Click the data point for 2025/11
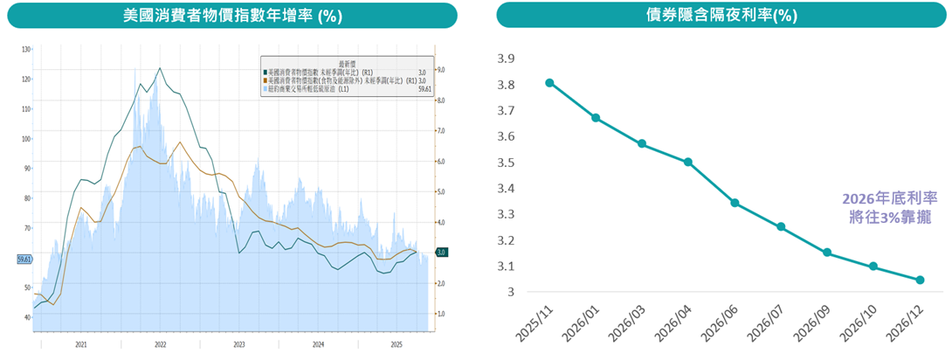click(x=549, y=83)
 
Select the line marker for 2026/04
click(x=688, y=162)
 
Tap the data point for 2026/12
click(x=920, y=280)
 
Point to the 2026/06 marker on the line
click(x=735, y=203)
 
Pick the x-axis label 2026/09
click(x=811, y=322)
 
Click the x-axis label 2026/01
click(x=580, y=322)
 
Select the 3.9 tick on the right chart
click(x=507, y=59)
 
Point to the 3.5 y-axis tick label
click(x=507, y=163)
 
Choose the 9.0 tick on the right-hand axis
click(x=442, y=70)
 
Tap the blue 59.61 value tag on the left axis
click(x=24, y=259)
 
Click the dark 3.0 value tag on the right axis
click(x=442, y=253)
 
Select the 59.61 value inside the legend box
click(x=425, y=89)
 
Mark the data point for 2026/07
click(x=781, y=227)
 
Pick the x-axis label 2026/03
click(x=626, y=322)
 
